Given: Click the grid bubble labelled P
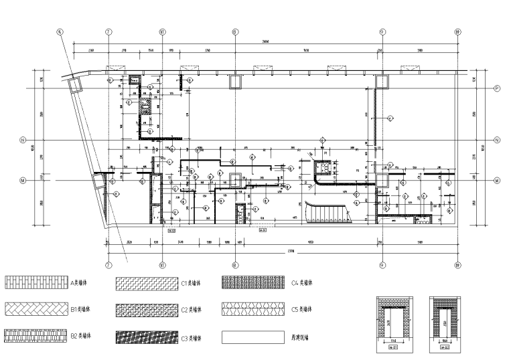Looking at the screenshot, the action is tap(497, 88).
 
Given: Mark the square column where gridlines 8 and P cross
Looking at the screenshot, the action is tap(235, 82).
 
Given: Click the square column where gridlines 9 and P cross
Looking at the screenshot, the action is tap(382, 82).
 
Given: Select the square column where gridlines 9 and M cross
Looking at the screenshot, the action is tap(382, 179).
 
